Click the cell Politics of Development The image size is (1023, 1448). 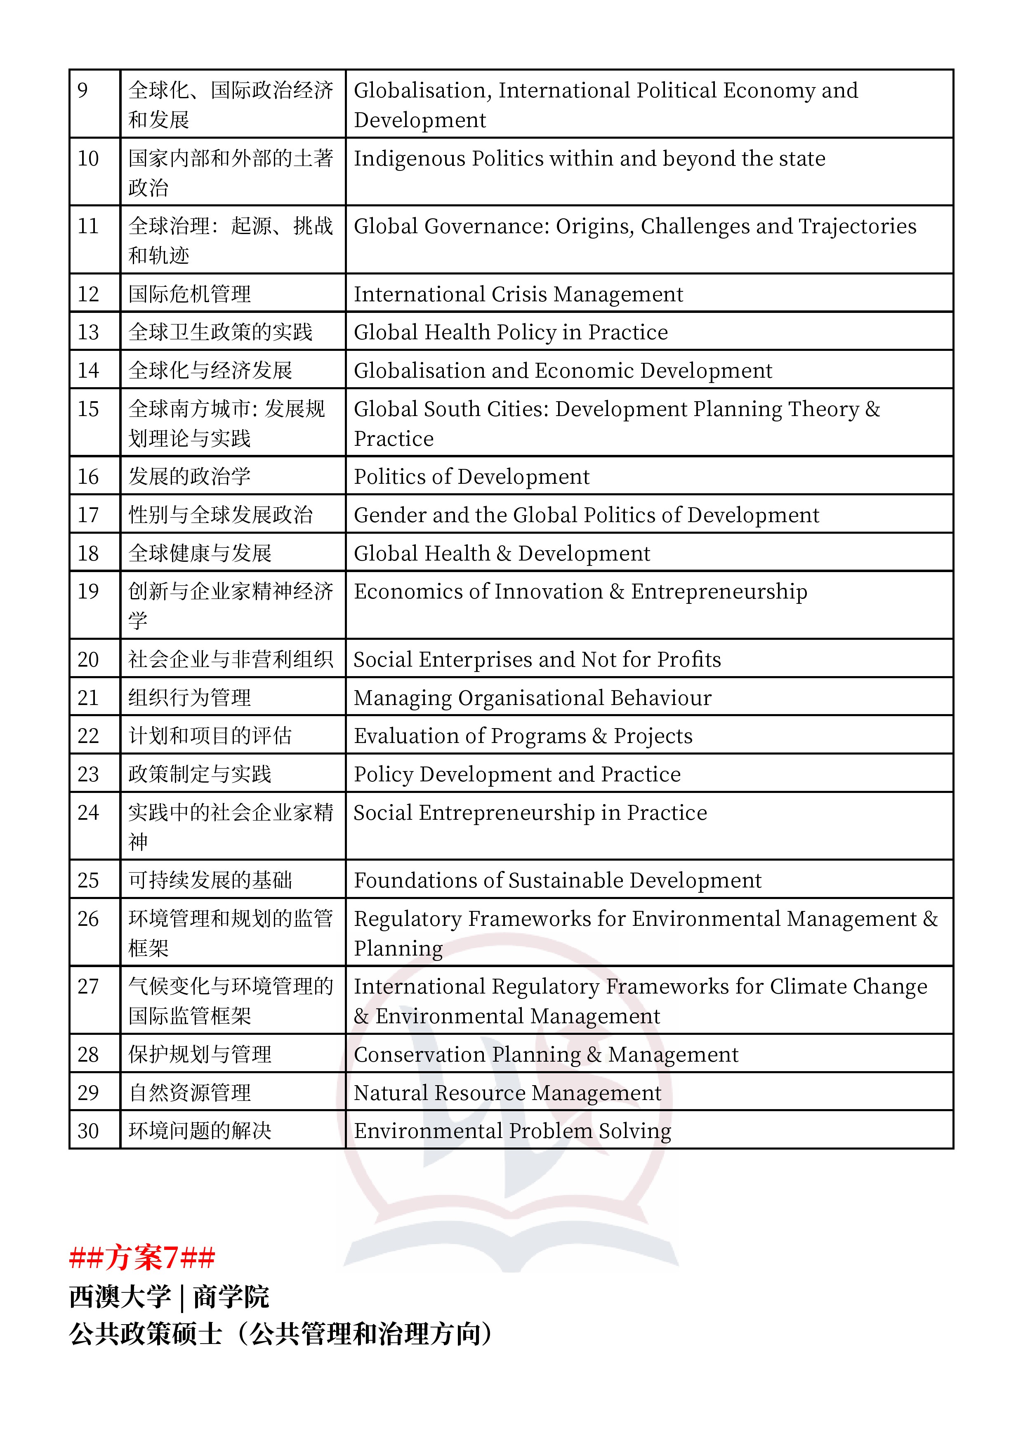471,477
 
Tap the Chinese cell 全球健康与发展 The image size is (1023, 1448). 200,554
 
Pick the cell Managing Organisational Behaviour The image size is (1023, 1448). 533,698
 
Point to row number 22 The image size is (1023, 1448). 88,736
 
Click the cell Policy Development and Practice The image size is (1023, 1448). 517,774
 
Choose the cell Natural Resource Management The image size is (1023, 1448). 507,1093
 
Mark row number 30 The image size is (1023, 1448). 88,1131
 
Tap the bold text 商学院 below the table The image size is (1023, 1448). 231,1297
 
